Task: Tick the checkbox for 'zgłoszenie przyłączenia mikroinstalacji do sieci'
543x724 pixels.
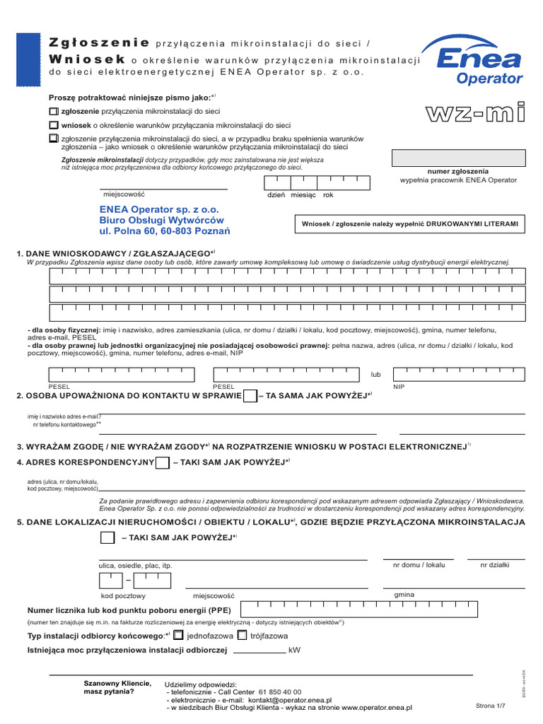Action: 54,112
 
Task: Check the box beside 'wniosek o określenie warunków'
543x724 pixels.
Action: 54,125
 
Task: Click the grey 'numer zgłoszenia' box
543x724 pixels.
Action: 459,158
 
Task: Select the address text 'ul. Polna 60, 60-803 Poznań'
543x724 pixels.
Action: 165,230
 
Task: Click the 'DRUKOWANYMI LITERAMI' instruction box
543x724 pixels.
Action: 410,224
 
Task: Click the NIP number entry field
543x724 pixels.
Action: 459,375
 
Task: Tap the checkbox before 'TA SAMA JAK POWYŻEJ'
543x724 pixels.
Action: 250,396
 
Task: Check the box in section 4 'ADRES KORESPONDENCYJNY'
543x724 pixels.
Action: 162,463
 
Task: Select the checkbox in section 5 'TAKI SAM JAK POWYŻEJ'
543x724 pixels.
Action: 107,538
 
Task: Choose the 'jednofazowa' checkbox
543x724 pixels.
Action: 178,635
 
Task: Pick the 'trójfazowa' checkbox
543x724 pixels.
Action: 242,635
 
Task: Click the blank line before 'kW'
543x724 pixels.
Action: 259,650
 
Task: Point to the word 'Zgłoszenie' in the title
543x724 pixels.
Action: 100,42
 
